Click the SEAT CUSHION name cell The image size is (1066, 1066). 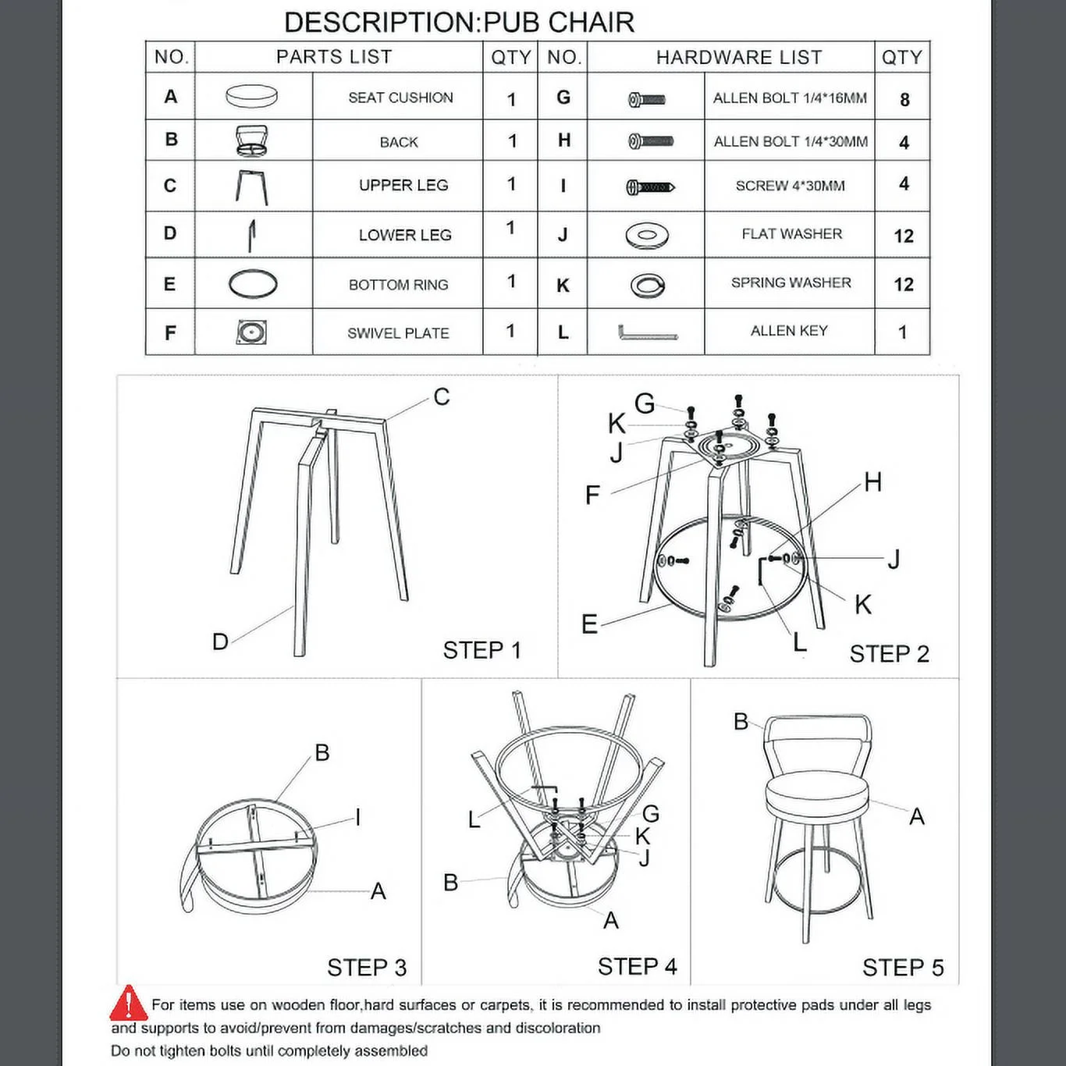point(400,98)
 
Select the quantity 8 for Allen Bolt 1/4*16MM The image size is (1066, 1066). point(904,100)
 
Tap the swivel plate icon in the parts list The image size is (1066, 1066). point(251,332)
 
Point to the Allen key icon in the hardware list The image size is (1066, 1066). point(647,333)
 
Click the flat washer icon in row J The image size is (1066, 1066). point(646,235)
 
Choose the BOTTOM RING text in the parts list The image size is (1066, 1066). point(398,285)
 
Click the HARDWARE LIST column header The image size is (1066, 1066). point(738,58)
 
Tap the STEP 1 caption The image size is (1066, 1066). point(481,650)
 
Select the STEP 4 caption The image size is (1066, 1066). point(637,967)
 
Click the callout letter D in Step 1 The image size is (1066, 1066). point(220,641)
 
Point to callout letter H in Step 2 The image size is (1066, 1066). point(872,482)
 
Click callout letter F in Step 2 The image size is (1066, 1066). point(592,495)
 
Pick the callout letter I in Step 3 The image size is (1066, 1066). point(357,817)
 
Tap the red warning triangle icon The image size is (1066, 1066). point(127,1004)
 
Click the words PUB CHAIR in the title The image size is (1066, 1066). point(559,23)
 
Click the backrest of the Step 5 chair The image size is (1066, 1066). point(816,731)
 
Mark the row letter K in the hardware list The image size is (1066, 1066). point(563,286)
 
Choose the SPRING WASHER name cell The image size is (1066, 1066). point(791,282)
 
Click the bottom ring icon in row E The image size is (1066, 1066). point(252,283)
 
